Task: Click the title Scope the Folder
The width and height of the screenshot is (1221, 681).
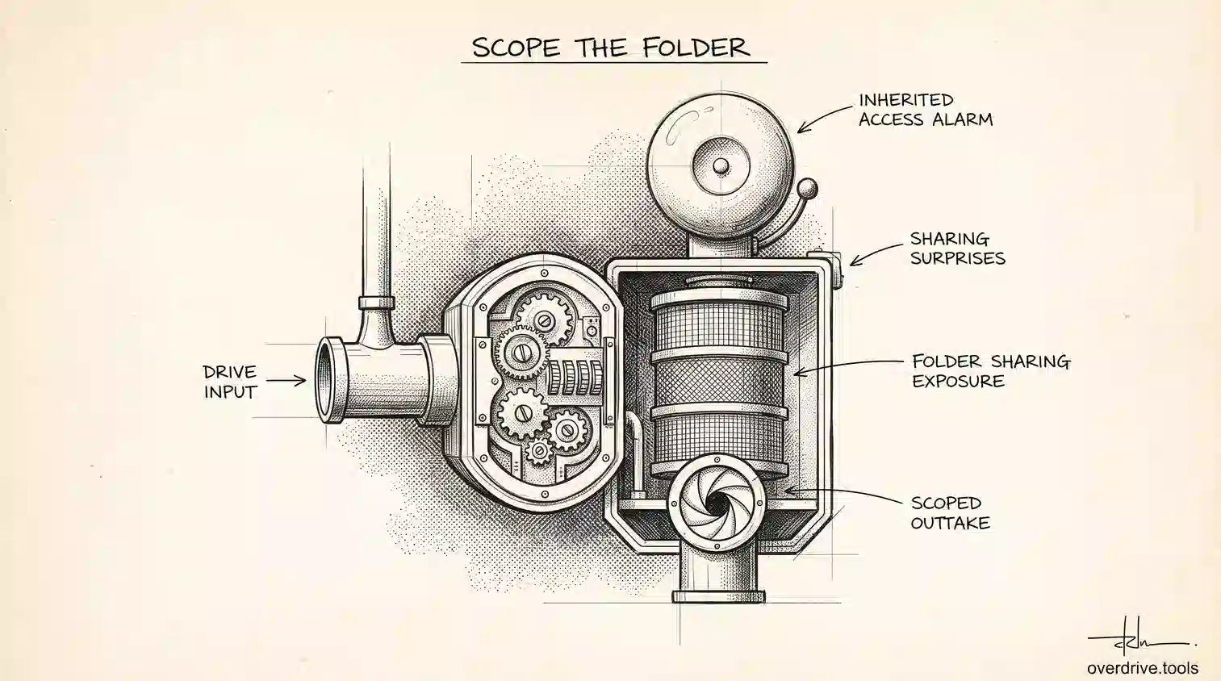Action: point(611,48)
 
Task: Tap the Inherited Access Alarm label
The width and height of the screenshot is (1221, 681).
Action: point(926,110)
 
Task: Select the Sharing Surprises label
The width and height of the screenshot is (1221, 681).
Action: point(958,249)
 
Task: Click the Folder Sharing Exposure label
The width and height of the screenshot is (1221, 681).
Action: point(992,370)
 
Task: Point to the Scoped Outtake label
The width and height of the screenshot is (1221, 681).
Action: point(950,513)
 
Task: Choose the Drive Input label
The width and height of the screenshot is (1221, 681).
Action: point(229,382)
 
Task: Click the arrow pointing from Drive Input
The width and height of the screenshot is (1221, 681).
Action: point(286,380)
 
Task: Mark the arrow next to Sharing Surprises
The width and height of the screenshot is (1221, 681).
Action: point(875,255)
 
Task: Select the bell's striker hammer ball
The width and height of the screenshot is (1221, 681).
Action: point(807,190)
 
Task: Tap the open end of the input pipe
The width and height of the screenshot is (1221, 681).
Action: point(330,380)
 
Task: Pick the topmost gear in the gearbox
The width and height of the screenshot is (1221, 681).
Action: point(543,320)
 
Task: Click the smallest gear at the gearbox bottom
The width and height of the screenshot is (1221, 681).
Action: point(540,450)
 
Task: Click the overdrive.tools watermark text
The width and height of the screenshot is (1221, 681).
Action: point(1143,668)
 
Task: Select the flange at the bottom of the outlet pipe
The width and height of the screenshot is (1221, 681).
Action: point(719,595)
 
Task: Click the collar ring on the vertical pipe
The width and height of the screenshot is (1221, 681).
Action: point(377,303)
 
